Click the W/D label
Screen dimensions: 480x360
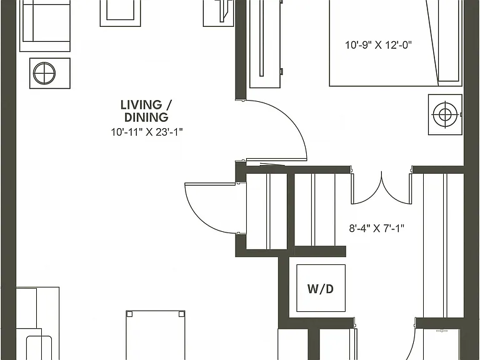(x=320, y=289)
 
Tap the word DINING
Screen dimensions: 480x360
(x=146, y=117)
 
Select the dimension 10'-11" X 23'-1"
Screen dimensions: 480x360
(x=147, y=132)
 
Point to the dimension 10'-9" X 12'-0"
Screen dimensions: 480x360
(x=378, y=45)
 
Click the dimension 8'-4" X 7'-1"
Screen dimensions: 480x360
(x=377, y=228)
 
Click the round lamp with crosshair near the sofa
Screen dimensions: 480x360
(x=44, y=74)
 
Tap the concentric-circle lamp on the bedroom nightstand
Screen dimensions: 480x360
(x=444, y=115)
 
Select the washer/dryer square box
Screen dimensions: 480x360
(x=321, y=288)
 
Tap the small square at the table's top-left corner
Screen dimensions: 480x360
(x=129, y=314)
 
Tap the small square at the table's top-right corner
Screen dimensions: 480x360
(x=181, y=314)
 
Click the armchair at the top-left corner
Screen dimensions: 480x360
(x=45, y=26)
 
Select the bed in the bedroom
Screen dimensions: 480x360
(x=396, y=43)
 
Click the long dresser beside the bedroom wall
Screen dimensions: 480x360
(x=266, y=44)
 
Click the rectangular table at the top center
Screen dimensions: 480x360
(x=120, y=13)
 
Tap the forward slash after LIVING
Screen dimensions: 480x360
(x=167, y=105)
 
